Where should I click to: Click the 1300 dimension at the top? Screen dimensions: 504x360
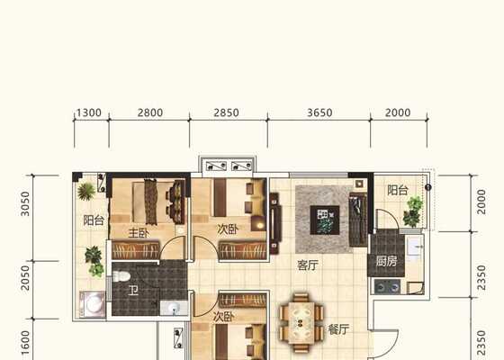[89, 112]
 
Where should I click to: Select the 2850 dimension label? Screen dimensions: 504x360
[226, 112]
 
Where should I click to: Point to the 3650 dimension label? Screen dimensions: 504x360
[319, 112]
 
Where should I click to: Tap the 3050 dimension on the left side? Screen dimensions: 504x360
[25, 203]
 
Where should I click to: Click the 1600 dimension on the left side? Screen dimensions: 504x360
[25, 343]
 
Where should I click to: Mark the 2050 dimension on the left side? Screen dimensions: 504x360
[25, 278]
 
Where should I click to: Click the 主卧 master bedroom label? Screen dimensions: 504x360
[139, 233]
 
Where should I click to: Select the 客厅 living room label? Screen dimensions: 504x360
[308, 265]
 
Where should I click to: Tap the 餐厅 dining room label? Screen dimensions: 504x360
[338, 329]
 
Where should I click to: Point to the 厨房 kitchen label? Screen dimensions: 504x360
[387, 261]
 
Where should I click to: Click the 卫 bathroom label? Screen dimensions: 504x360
[133, 291]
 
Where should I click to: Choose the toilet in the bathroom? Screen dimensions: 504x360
[121, 276]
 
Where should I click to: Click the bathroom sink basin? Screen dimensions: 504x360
[174, 308]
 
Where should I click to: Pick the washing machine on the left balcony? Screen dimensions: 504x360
[93, 304]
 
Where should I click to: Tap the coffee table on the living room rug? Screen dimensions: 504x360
[325, 220]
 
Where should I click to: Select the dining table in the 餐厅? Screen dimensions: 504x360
[301, 323]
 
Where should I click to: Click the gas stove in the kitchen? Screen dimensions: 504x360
[387, 287]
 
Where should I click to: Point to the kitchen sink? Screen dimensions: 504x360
[415, 247]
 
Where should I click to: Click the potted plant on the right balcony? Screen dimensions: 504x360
[413, 211]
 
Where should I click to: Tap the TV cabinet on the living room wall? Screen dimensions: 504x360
[275, 223]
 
